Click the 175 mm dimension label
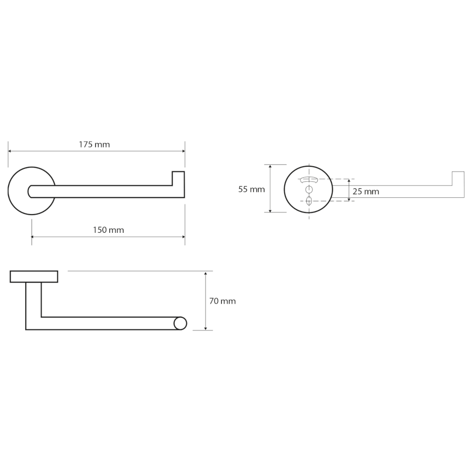coord(95,144)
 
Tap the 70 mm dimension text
coord(222,301)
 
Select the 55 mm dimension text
coord(251,189)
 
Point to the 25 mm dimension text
coord(366,191)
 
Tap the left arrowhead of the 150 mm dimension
coord(34,237)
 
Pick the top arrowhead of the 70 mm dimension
coord(206,273)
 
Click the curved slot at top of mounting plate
coord(308,179)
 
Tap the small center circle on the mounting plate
coord(308,189)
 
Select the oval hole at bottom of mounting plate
coord(308,200)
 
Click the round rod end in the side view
coord(180,323)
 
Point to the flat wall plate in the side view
coord(34,276)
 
